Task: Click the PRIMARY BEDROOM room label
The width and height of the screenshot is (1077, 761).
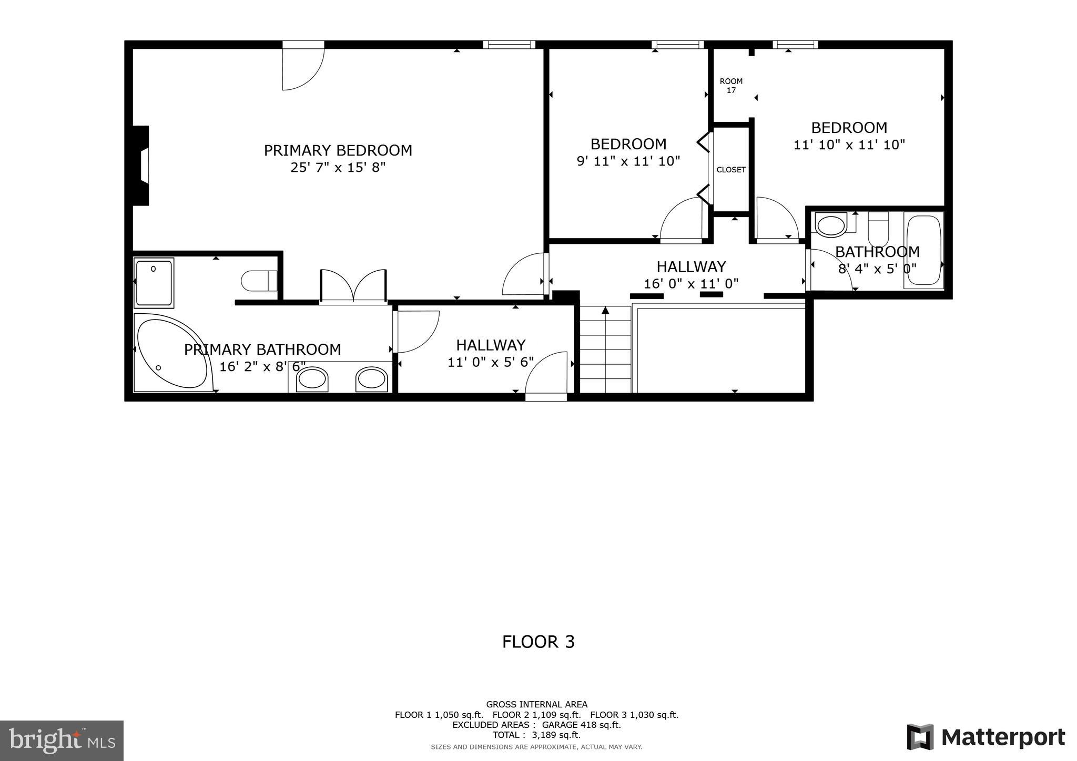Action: point(338,150)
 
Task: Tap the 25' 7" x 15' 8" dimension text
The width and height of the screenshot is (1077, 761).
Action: point(338,168)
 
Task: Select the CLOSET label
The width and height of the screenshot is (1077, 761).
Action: point(731,170)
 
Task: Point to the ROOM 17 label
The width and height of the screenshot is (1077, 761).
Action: point(731,86)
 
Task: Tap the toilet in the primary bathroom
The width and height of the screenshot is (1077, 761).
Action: point(259,281)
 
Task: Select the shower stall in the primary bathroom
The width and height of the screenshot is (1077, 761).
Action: point(154,283)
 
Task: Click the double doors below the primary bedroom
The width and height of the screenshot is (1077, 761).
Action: point(353,286)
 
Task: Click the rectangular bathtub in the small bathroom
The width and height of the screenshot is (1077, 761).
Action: point(923,250)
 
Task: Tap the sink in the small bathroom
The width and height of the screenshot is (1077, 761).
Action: point(831,225)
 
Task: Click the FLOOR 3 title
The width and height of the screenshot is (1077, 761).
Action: point(538,642)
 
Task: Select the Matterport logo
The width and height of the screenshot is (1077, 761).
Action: point(985,737)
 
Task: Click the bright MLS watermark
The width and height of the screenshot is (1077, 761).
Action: point(62,741)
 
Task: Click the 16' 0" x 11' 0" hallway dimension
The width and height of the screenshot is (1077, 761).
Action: point(691,284)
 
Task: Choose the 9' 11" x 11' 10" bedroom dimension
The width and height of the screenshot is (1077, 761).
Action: point(628,161)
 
